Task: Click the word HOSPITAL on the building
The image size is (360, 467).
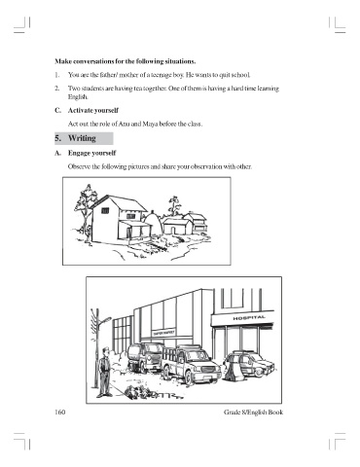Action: tap(249, 318)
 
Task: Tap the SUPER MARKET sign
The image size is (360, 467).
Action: tap(164, 333)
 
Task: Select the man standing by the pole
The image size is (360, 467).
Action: tap(104, 373)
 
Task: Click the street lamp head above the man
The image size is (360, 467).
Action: tap(106, 320)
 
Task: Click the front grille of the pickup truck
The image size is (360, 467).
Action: tap(208, 370)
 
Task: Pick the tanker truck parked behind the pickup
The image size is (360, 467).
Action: tap(145, 357)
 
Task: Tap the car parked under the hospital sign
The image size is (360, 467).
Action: tap(250, 364)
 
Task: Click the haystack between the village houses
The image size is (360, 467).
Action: tap(153, 223)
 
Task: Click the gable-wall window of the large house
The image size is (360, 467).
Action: tap(105, 210)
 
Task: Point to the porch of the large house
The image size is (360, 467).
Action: tap(135, 231)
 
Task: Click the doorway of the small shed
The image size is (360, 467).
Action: tap(168, 229)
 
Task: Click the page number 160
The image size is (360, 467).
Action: tap(60, 413)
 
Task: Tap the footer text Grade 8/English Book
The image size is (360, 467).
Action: tap(253, 413)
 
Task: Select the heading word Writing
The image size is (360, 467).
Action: tap(82, 138)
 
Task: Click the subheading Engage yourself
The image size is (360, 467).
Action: tap(91, 153)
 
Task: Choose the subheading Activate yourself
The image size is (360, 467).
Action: tap(93, 110)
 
